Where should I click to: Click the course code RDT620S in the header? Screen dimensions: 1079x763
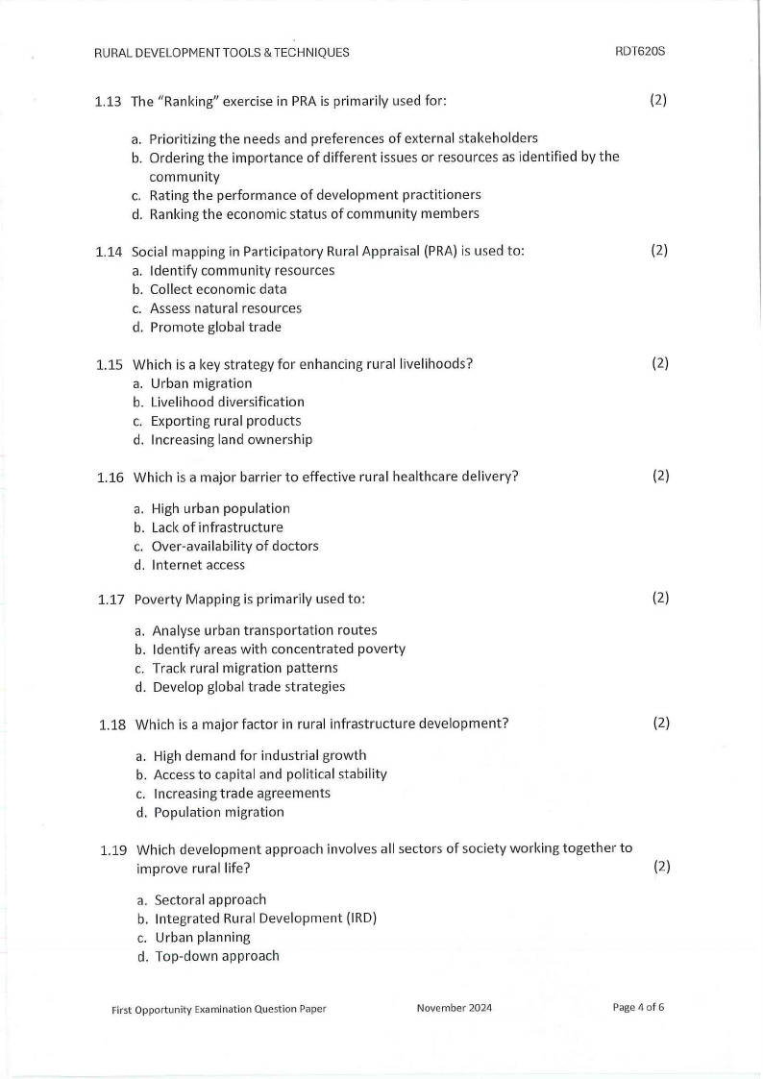click(x=640, y=52)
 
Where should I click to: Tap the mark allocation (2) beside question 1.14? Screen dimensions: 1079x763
click(x=658, y=250)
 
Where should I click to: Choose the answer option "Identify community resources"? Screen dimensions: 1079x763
click(x=241, y=270)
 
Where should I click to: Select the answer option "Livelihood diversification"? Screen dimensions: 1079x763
click(x=227, y=402)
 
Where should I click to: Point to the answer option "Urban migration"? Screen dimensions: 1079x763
click(x=201, y=383)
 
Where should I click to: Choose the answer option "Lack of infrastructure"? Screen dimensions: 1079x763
click(x=217, y=527)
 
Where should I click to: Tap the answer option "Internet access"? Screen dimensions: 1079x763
click(x=198, y=565)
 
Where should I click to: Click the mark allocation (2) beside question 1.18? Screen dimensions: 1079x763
click(x=660, y=723)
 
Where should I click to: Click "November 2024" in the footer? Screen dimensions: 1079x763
click(x=455, y=1008)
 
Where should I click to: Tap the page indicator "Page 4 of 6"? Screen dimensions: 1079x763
click(x=638, y=1007)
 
